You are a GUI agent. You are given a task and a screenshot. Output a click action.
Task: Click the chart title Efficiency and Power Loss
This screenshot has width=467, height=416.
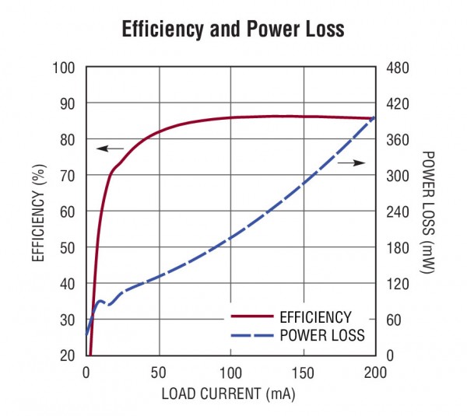[233, 30]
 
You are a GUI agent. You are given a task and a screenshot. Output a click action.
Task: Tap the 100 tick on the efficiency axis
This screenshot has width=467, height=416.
[64, 68]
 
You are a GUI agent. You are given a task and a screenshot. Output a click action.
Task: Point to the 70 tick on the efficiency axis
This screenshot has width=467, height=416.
[67, 176]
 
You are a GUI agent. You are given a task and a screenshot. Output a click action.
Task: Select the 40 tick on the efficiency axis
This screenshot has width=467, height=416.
[67, 284]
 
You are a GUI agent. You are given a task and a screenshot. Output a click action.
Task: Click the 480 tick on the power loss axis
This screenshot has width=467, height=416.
[397, 68]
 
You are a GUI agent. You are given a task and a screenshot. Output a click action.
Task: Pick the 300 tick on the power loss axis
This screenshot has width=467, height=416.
[397, 176]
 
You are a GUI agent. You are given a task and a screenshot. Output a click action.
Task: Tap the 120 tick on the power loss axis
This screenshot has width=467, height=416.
[397, 284]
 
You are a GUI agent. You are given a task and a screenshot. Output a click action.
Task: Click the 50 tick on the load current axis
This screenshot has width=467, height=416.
[159, 371]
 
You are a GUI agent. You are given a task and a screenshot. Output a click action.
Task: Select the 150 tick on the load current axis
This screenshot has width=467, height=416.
[303, 371]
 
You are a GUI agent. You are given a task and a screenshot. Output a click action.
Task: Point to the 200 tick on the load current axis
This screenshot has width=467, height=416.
[375, 371]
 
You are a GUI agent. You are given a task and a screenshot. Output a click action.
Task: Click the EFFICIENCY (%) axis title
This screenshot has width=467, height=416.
[37, 211]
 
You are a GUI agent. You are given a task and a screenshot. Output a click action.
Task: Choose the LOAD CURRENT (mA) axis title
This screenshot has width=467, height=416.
[229, 393]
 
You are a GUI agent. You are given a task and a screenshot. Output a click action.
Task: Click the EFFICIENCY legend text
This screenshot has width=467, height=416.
[315, 317]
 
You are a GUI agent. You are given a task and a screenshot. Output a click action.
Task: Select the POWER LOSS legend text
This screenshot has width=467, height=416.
[321, 336]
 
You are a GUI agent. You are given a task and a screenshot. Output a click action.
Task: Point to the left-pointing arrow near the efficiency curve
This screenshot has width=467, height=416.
[110, 148]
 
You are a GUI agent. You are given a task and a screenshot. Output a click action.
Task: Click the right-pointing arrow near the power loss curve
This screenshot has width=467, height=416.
[352, 163]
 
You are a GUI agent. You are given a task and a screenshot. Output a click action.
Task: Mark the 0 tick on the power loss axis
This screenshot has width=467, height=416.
[388, 355]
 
